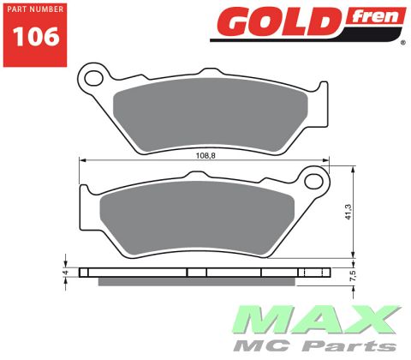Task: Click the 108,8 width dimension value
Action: point(204,156)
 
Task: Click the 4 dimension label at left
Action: point(64,273)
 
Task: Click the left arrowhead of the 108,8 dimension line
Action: point(82,160)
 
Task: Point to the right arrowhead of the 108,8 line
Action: point(327,160)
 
